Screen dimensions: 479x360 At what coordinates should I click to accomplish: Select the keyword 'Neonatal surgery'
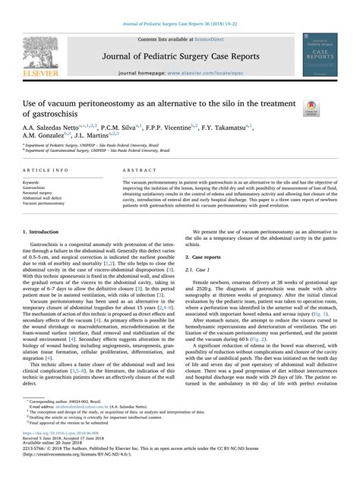(43, 193)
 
